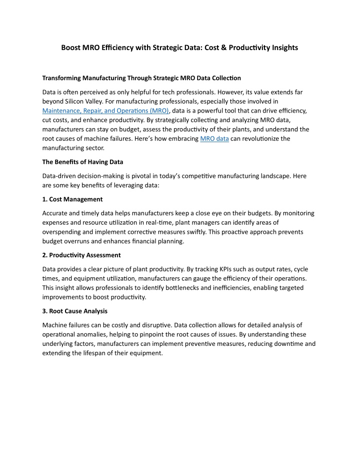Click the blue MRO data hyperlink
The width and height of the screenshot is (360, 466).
click(214, 139)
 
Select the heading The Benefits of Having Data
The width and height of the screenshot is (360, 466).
click(82, 162)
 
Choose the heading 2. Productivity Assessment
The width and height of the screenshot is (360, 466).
click(81, 255)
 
